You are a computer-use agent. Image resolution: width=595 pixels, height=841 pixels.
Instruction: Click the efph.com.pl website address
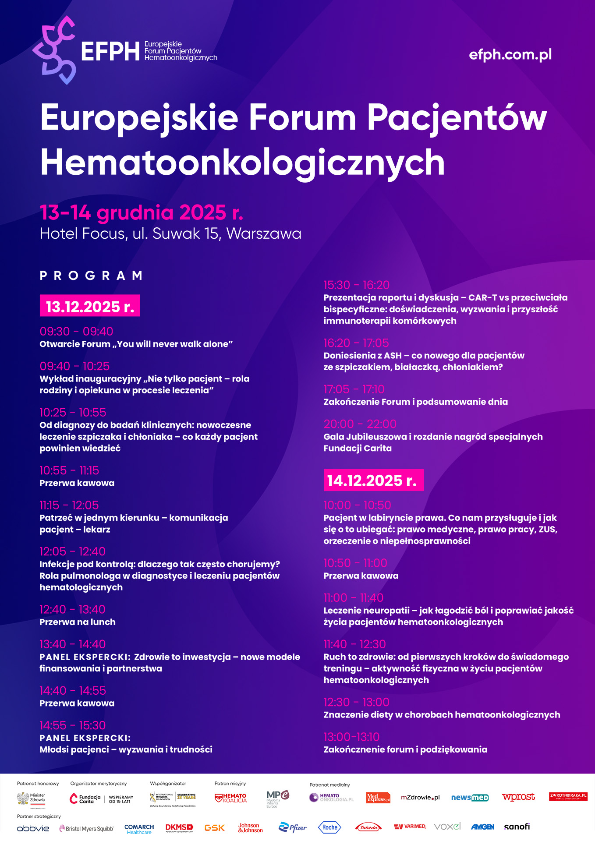tap(510, 55)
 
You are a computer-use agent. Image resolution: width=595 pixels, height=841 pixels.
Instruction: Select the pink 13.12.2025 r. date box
tap(90, 306)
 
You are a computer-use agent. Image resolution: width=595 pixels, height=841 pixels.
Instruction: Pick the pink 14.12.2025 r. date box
tap(373, 481)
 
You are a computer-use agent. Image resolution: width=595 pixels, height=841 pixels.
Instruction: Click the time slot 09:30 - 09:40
tap(76, 332)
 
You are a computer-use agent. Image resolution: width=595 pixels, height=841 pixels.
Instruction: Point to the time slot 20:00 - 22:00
tap(360, 424)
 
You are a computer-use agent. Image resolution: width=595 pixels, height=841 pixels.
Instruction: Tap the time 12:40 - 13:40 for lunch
tap(72, 609)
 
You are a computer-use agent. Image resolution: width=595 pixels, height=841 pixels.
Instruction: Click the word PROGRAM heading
tap(91, 276)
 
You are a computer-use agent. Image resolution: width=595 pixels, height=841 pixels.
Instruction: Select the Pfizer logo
tap(293, 827)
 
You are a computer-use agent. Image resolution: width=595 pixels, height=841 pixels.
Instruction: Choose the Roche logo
tap(329, 827)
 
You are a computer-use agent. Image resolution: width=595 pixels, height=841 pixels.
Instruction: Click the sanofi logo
tap(517, 827)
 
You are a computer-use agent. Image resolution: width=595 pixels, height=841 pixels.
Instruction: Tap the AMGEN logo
tap(482, 827)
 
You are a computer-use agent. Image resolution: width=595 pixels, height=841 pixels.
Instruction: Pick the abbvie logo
tap(33, 828)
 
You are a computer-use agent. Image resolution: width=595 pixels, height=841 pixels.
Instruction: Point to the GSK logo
tap(214, 827)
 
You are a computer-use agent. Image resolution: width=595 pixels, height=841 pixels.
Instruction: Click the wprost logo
tap(518, 797)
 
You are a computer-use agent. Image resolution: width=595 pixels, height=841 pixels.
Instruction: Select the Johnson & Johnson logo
tap(250, 827)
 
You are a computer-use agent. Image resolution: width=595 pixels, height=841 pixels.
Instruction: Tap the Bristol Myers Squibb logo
tap(86, 828)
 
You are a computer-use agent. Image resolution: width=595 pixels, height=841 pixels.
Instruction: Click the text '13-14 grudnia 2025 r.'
tap(141, 213)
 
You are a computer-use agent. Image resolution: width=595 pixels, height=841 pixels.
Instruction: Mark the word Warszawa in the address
tap(264, 233)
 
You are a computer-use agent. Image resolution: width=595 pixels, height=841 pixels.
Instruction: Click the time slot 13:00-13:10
tap(351, 737)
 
